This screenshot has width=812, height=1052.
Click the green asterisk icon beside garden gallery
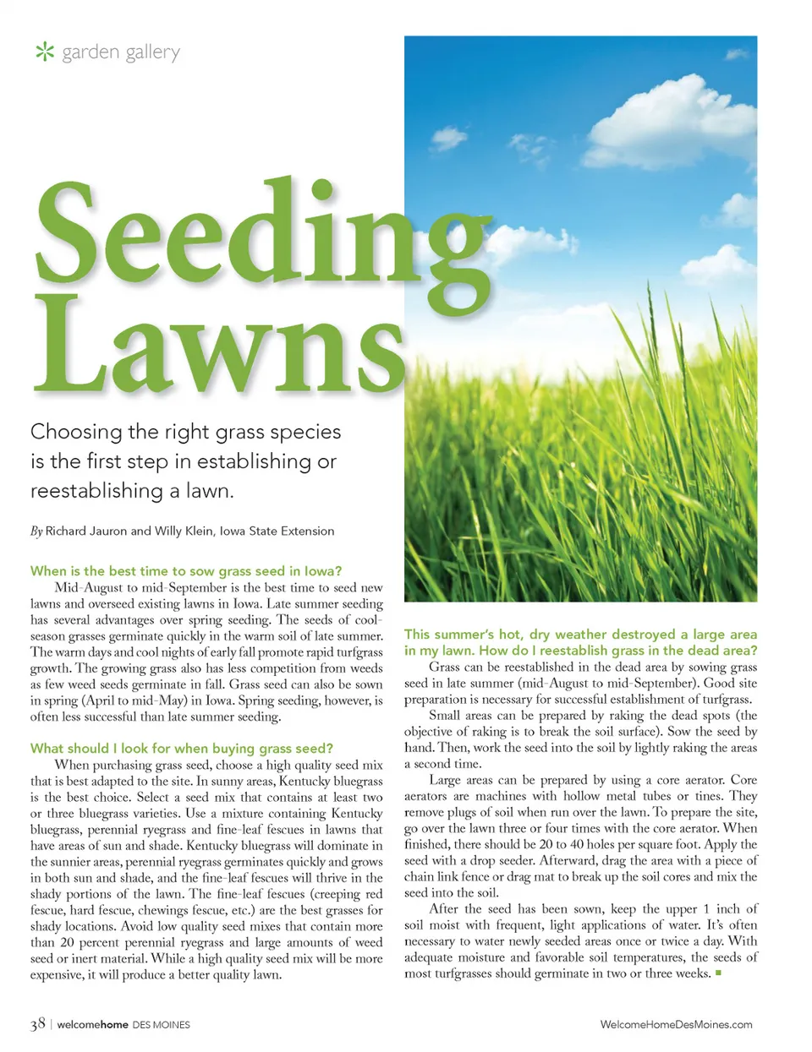44,52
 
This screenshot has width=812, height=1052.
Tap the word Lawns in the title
220,346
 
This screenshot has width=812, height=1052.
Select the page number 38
38,1024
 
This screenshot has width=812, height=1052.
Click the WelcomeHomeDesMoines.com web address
676,1024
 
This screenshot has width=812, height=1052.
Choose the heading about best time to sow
186,571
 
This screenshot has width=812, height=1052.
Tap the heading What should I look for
182,749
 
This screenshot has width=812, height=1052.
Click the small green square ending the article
718,973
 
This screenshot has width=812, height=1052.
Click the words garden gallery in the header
121,52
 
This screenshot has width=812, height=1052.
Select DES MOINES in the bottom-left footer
161,1025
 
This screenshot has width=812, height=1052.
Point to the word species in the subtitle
304,433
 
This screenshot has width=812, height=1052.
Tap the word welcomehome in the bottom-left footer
92,1025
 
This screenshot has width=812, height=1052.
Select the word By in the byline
36,531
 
